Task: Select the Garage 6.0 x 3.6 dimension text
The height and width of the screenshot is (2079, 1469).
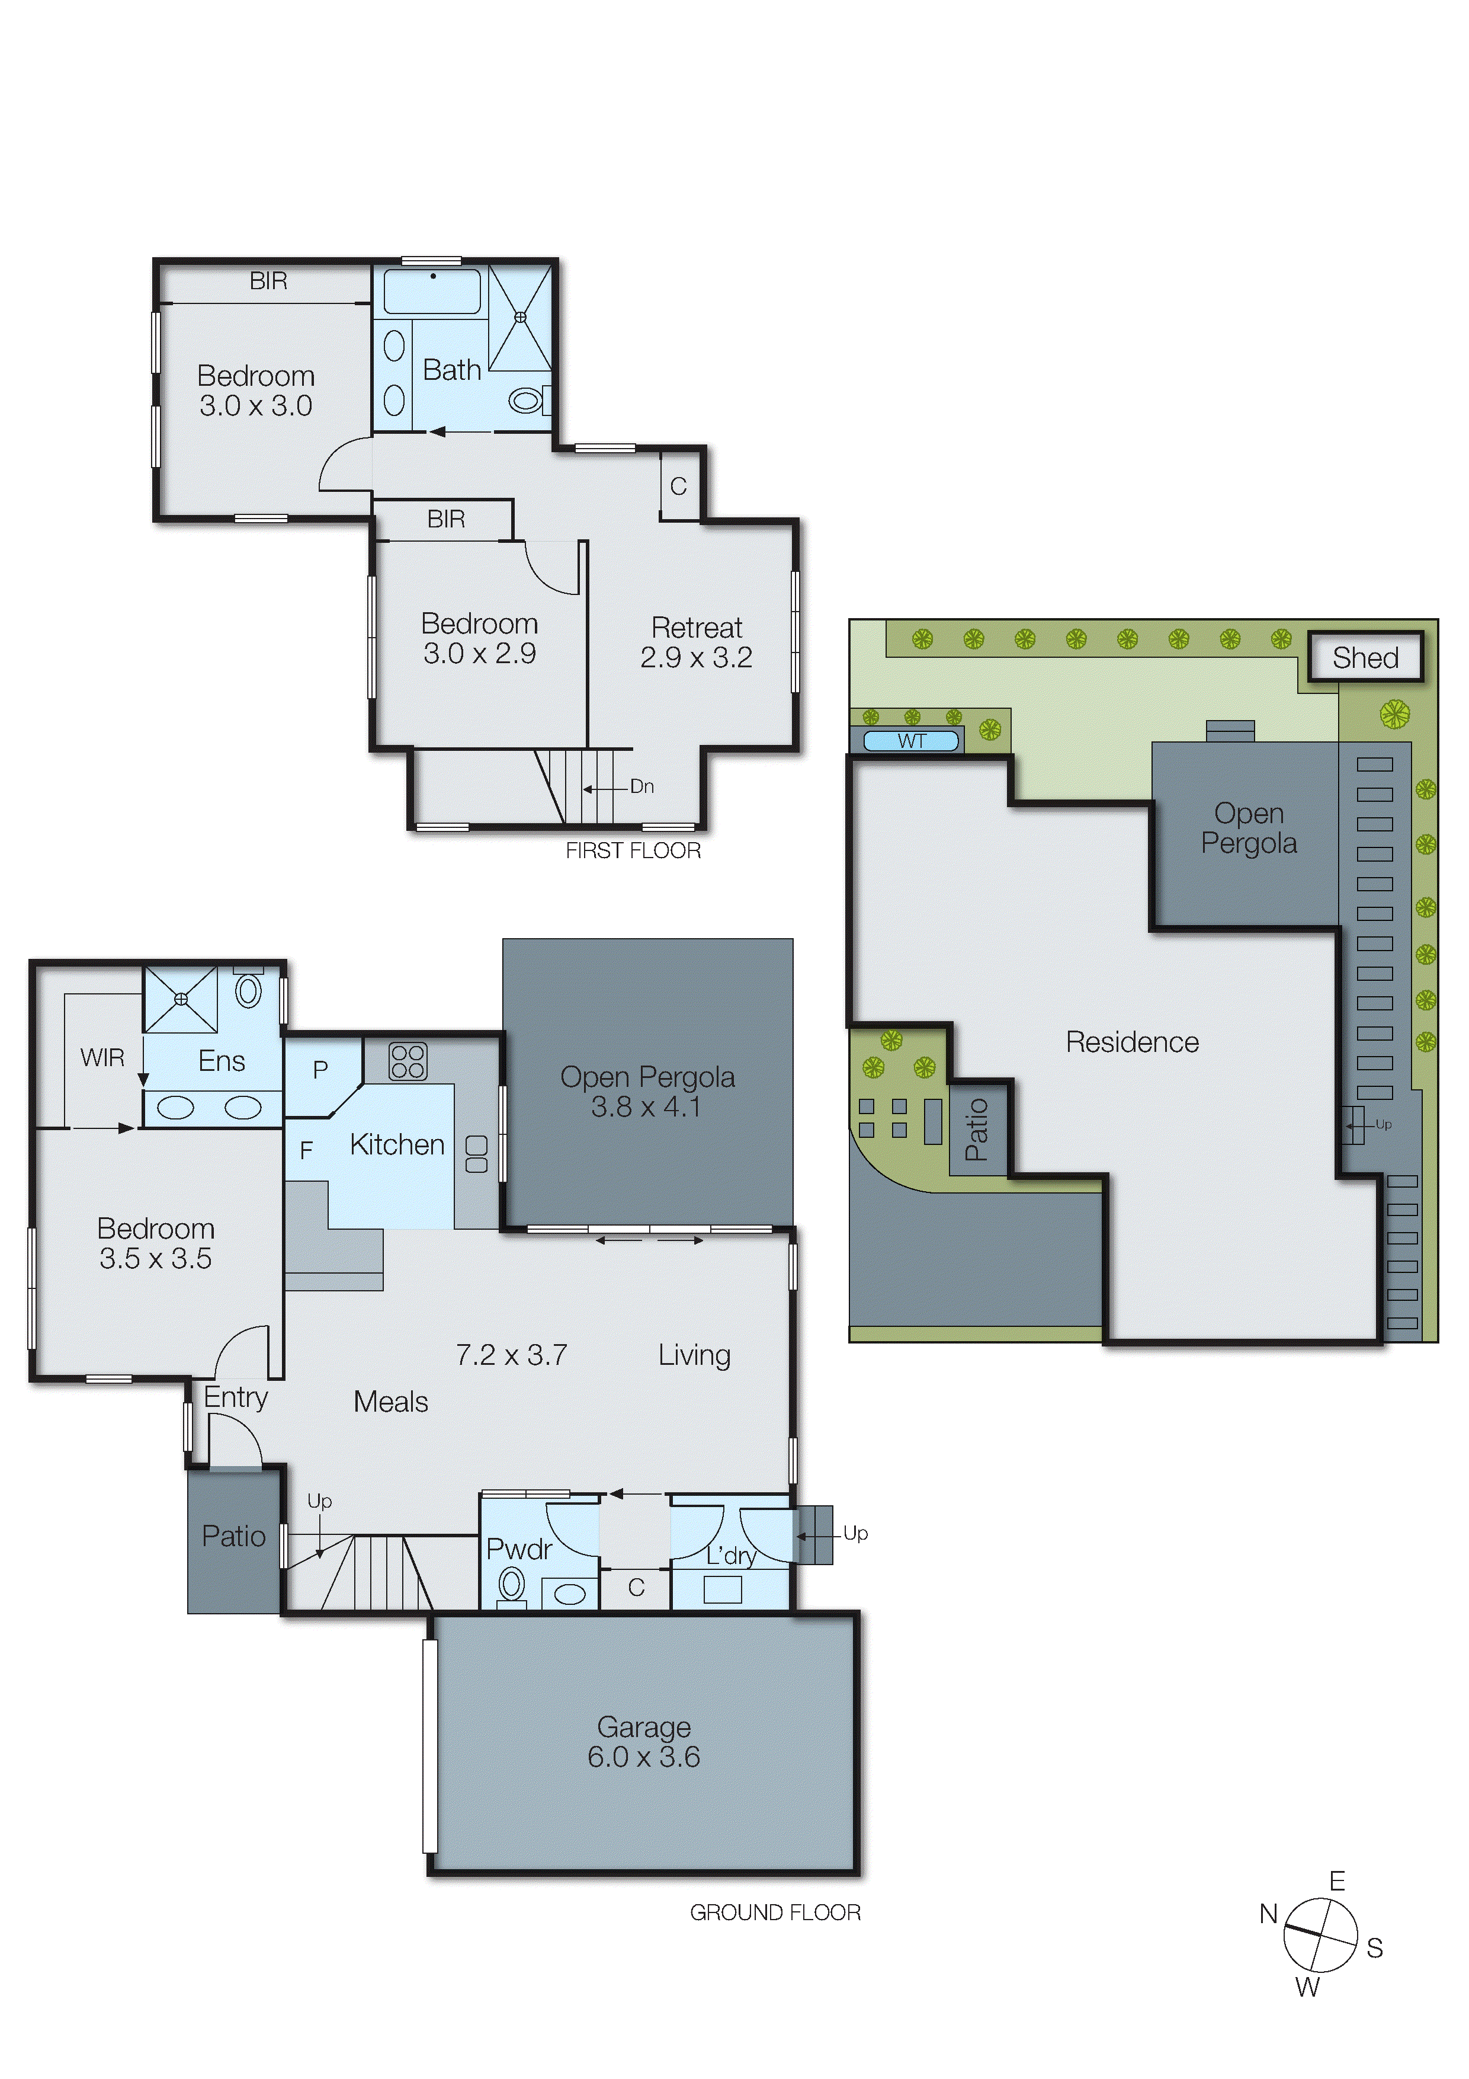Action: [643, 1757]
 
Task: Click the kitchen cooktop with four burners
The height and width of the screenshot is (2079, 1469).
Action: [408, 1061]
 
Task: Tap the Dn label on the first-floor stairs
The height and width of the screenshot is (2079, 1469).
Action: [642, 786]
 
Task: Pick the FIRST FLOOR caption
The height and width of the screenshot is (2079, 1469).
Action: [633, 850]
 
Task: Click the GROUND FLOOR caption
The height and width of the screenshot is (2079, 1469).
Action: [775, 1912]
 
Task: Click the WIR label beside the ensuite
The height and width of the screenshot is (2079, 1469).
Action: [102, 1058]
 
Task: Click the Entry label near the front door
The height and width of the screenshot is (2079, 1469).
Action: [235, 1397]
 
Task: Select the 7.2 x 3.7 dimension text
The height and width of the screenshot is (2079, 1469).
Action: [511, 1355]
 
